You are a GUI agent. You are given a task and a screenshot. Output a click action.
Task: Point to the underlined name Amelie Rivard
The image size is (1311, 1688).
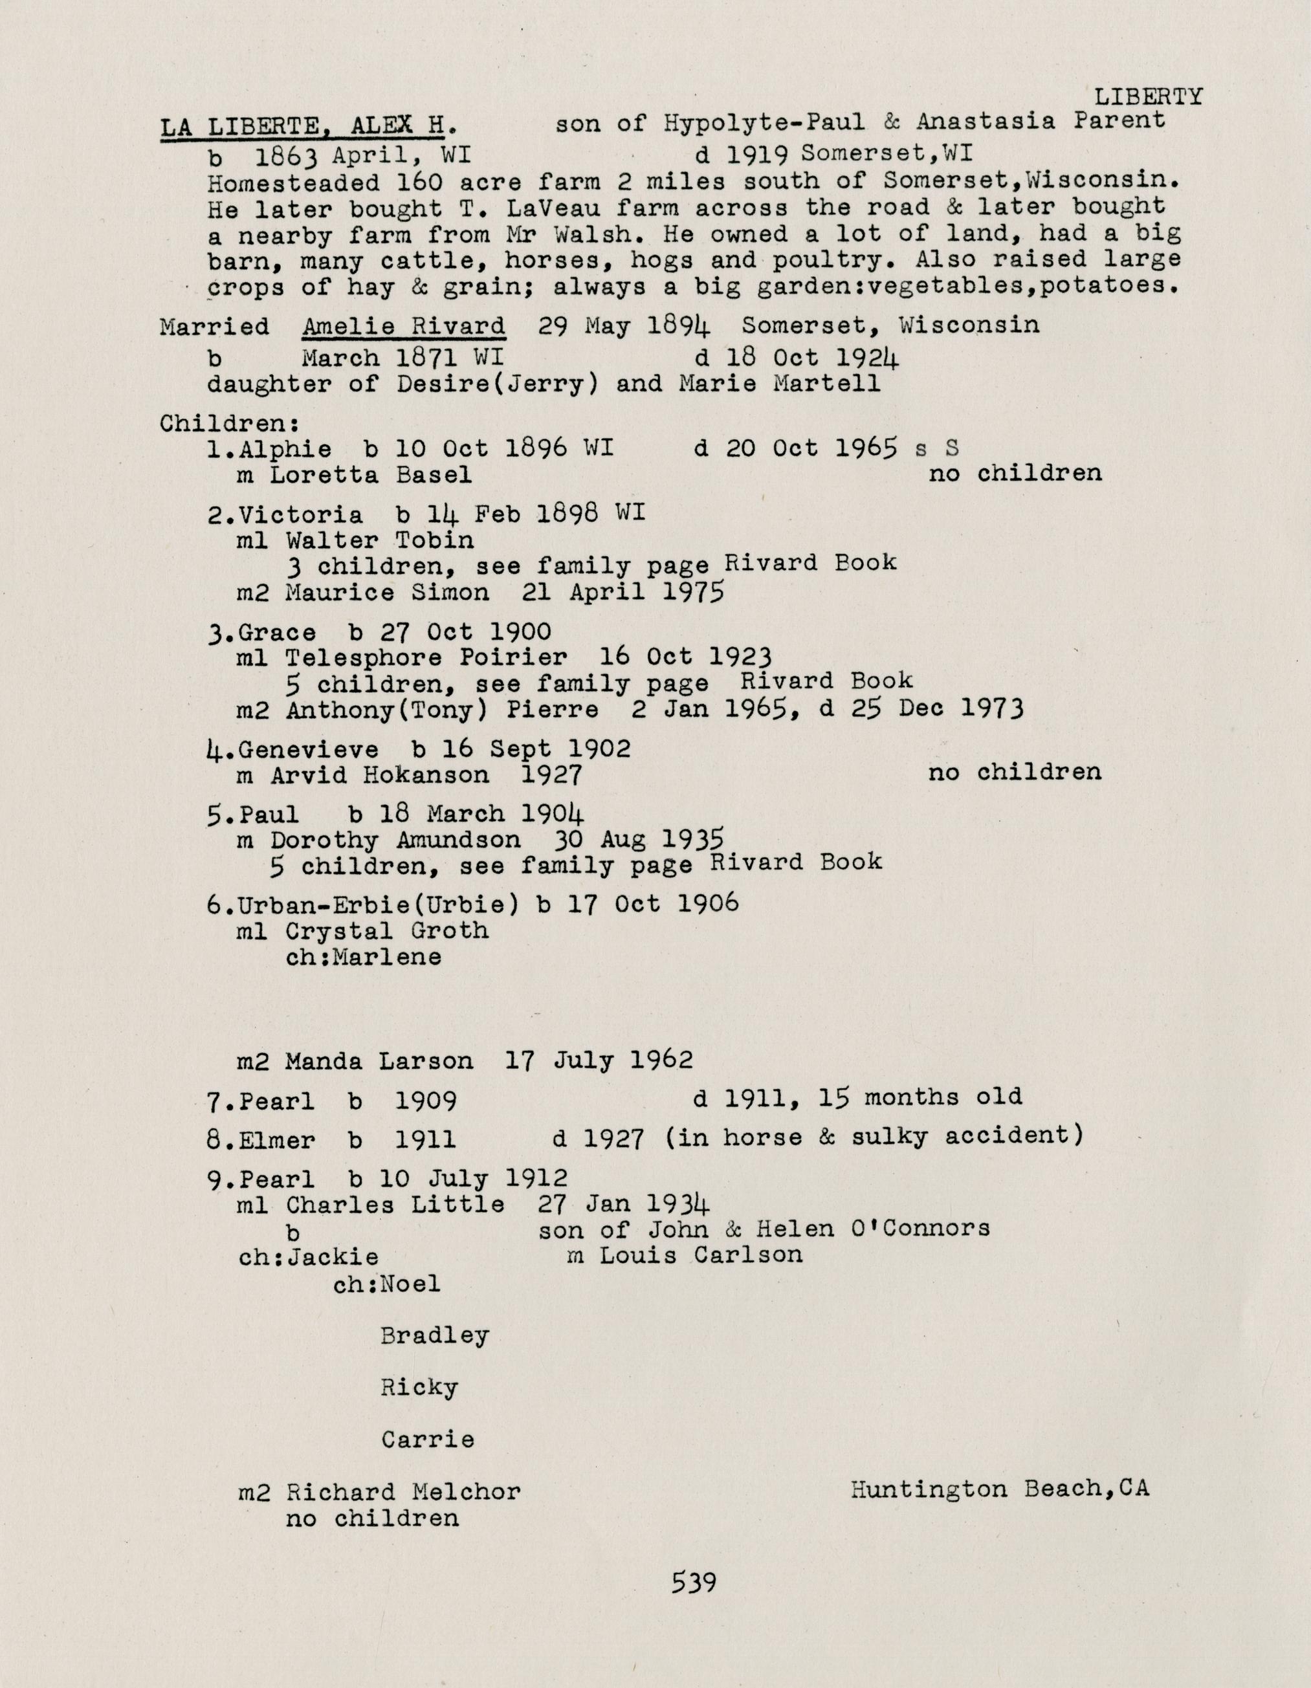(x=404, y=326)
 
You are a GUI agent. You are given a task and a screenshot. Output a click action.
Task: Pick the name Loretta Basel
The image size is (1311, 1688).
(x=370, y=474)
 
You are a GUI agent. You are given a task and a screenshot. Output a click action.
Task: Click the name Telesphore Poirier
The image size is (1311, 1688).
(x=425, y=658)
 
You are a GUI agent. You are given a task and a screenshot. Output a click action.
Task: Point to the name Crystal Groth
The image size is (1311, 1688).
(x=386, y=930)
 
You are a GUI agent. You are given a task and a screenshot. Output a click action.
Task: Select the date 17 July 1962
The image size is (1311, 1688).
(x=599, y=1060)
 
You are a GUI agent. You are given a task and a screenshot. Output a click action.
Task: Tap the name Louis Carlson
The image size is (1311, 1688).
(x=700, y=1255)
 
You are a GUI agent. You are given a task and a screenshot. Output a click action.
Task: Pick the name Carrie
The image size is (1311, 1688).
(x=428, y=1440)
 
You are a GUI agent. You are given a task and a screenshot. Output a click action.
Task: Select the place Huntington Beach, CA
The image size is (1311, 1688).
(x=1000, y=1489)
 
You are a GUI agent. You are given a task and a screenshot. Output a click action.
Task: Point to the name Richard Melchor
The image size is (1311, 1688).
(x=402, y=1493)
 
